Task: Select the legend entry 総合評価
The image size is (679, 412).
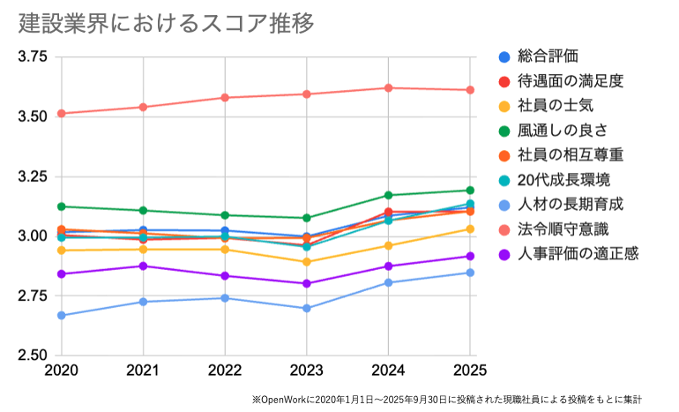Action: click(x=548, y=56)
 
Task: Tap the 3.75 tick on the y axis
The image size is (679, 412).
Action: click(x=33, y=57)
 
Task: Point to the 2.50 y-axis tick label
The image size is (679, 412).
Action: click(x=33, y=356)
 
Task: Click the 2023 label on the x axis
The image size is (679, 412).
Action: click(x=307, y=370)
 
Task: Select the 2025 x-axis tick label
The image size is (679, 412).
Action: click(x=469, y=370)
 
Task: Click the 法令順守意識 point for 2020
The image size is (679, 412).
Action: click(x=62, y=113)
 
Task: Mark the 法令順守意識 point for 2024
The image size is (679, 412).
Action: click(x=388, y=87)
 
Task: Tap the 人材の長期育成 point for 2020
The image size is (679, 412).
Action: click(x=62, y=315)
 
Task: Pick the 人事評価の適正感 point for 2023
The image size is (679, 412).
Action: click(x=307, y=283)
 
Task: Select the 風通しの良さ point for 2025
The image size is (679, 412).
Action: click(x=470, y=190)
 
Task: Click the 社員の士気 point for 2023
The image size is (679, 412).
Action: click(x=307, y=262)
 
